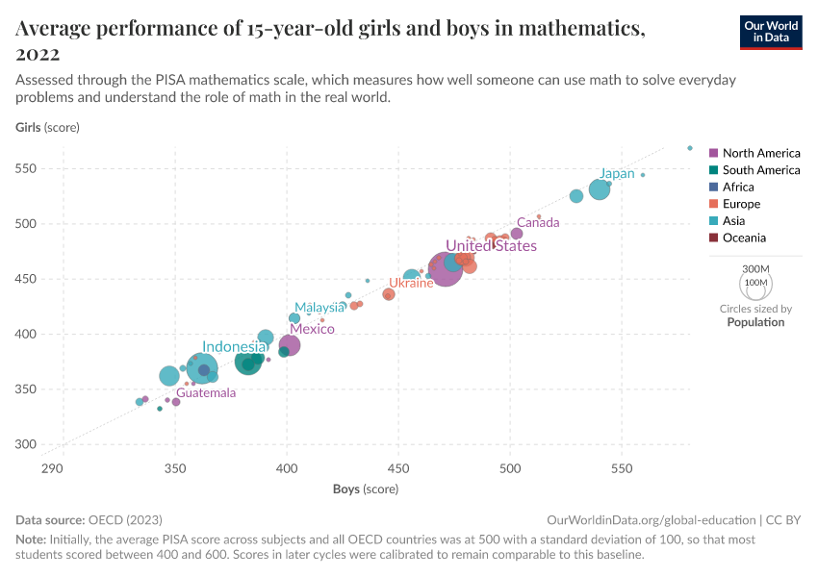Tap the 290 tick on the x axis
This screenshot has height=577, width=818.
pos(52,468)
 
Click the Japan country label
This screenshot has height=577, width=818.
pos(617,174)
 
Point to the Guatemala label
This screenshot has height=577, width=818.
pos(205,393)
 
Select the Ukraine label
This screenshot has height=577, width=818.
pos(411,284)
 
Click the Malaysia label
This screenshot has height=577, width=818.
pos(320,308)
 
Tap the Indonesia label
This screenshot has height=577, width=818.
pos(234,347)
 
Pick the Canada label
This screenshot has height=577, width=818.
pos(538,223)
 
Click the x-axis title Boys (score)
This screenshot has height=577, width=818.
pos(366,489)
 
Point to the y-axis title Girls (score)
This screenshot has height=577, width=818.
pos(47,127)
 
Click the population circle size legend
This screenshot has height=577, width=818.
pos(755,285)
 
